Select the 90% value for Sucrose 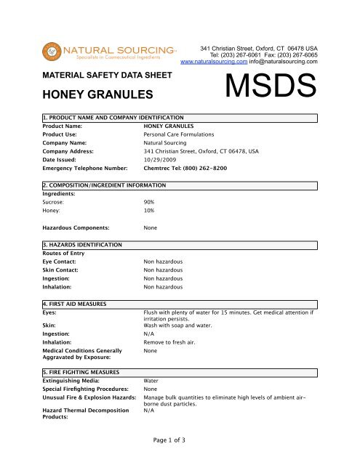(x=150, y=201)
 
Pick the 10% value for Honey (x=150, y=211)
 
